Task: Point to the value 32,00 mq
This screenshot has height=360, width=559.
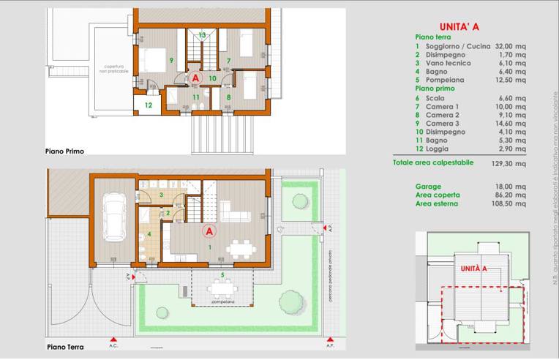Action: (x=510, y=46)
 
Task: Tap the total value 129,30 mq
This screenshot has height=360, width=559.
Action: (x=509, y=162)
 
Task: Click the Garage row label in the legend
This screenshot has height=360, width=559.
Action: (x=428, y=187)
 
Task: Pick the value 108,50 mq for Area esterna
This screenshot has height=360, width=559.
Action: (x=509, y=204)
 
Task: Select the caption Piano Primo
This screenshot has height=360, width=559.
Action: (x=64, y=151)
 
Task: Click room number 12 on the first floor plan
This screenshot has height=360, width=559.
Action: (x=148, y=105)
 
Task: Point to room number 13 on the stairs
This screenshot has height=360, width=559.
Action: (x=202, y=35)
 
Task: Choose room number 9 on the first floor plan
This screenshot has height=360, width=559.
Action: (x=170, y=60)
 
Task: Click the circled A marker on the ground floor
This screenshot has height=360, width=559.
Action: (x=209, y=231)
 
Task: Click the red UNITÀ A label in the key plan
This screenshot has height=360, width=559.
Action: (x=474, y=269)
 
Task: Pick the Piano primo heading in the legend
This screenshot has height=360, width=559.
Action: (x=435, y=88)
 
